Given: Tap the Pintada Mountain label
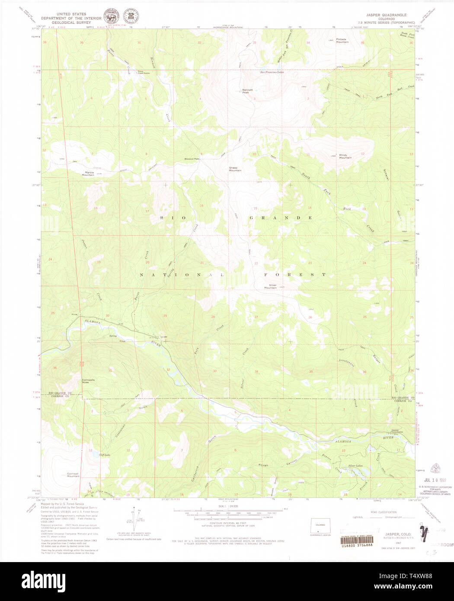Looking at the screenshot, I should pyautogui.click(x=342, y=41).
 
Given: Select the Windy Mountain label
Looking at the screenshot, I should pyautogui.click(x=345, y=157).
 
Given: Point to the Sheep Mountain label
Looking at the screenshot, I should pyautogui.click(x=235, y=169).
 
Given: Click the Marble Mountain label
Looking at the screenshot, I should pyautogui.click(x=88, y=174).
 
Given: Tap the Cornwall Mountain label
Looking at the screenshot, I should pyautogui.click(x=73, y=475).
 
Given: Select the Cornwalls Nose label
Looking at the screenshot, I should pyautogui.click(x=88, y=381).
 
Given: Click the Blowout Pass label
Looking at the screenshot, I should pyautogui.click(x=192, y=159).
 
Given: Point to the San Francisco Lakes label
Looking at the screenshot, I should pyautogui.click(x=272, y=72).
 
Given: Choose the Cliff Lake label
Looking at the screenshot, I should pyautogui.click(x=105, y=455).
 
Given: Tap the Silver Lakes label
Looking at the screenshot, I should pyautogui.click(x=355, y=466).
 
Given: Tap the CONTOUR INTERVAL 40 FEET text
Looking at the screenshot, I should pyautogui.click(x=216, y=523).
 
